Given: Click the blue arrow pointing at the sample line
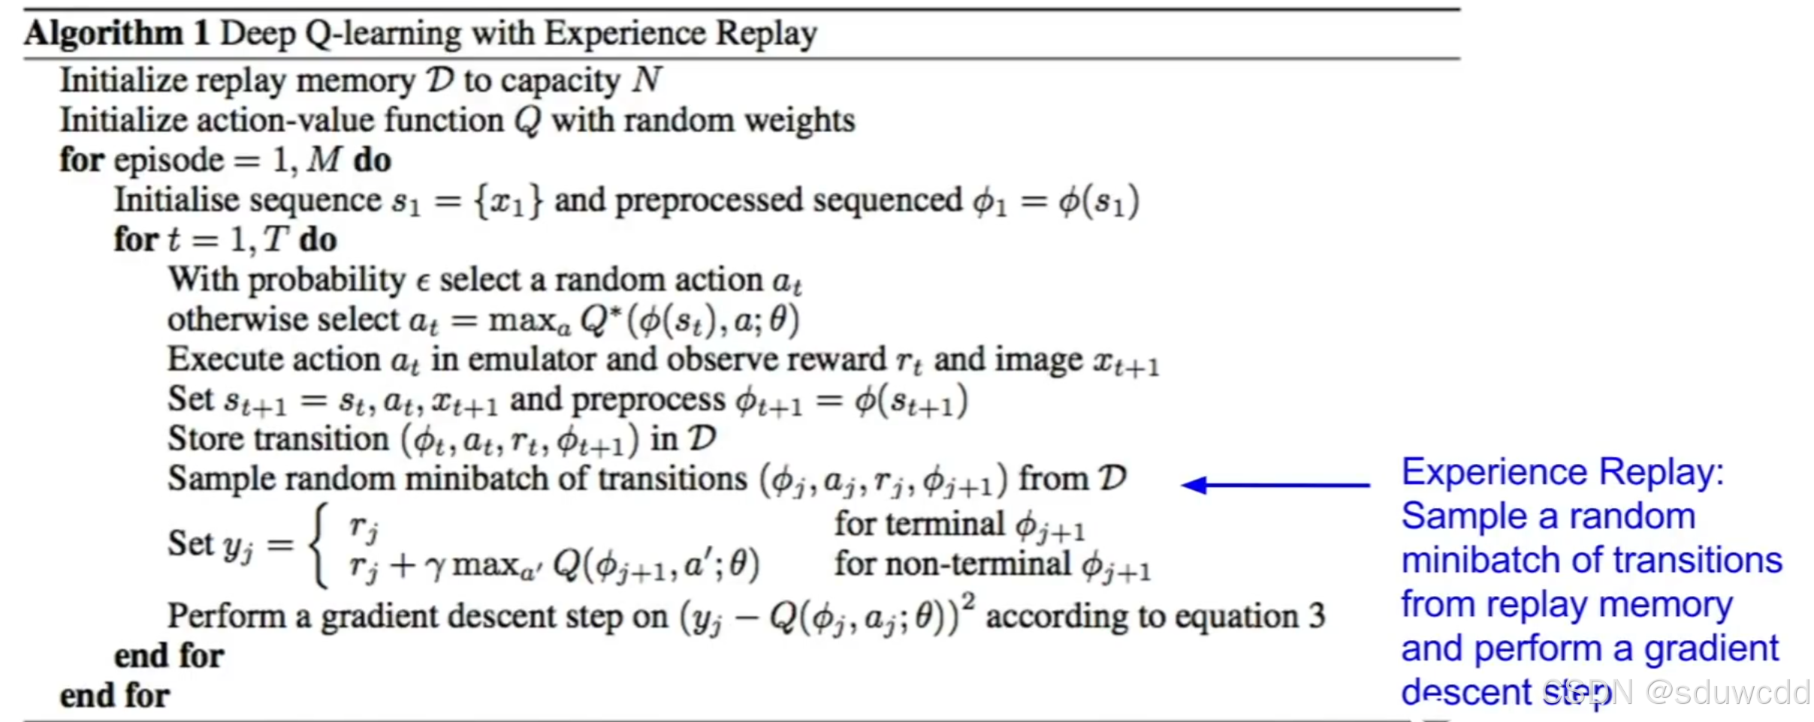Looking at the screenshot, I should tap(1275, 485).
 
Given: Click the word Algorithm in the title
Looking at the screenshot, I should tap(104, 34).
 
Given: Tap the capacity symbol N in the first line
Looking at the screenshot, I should tap(646, 80).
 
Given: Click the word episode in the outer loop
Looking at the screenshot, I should tap(169, 161).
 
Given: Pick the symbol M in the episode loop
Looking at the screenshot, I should tap(324, 160).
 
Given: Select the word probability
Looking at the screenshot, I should tap(327, 281).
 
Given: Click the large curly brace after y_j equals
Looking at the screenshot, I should tap(319, 545).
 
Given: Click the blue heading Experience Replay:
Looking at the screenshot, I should tap(1562, 472).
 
